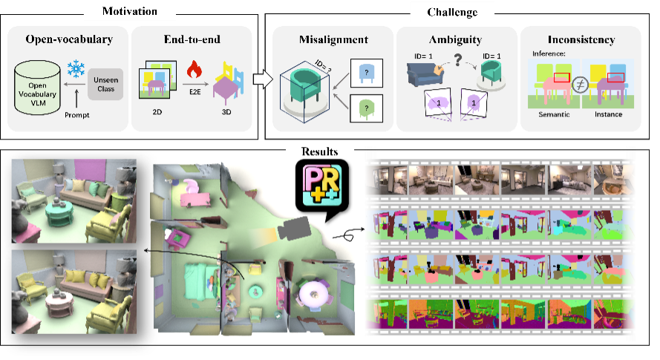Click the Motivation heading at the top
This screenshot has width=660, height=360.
click(x=129, y=10)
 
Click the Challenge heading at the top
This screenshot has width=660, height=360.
click(x=452, y=11)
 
